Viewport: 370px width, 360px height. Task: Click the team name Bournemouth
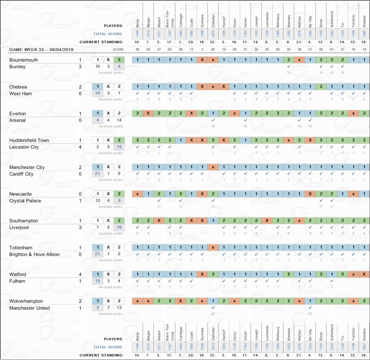(24, 60)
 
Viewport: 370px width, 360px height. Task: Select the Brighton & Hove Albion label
(34, 255)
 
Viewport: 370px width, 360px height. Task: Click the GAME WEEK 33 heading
(41, 50)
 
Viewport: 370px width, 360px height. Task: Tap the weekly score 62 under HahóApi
(213, 50)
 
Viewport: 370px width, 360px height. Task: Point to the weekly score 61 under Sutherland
(332, 50)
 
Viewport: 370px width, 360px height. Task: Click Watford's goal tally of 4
(80, 274)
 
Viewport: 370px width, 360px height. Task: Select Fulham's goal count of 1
(80, 281)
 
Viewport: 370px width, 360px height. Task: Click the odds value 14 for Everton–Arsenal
(119, 120)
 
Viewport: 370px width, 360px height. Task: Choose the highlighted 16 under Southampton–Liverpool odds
(119, 227)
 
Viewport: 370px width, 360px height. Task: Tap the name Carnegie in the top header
(181, 20)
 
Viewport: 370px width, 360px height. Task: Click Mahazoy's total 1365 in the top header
(278, 33)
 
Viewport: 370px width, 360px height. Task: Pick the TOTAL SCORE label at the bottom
(108, 347)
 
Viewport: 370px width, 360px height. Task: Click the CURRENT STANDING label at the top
(101, 42)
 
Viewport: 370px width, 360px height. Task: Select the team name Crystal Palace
(25, 201)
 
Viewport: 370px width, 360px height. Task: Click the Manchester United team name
(29, 308)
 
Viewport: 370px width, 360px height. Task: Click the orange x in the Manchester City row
(213, 167)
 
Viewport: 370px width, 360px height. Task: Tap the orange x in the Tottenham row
(213, 247)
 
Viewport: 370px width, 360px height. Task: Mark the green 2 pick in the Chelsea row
(321, 87)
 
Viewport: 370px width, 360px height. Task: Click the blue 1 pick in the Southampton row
(213, 220)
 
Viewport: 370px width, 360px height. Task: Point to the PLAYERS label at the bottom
(113, 339)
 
